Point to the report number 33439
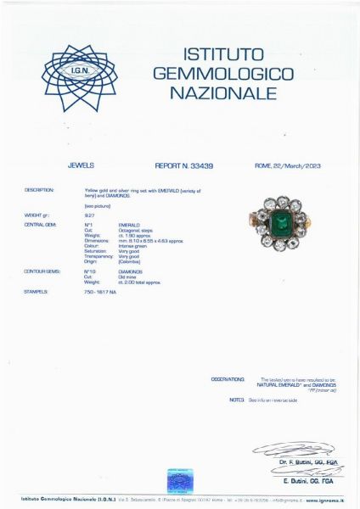[197, 166]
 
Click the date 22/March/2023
[298, 166]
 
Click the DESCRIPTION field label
[39, 190]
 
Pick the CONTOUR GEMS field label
[39, 271]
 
